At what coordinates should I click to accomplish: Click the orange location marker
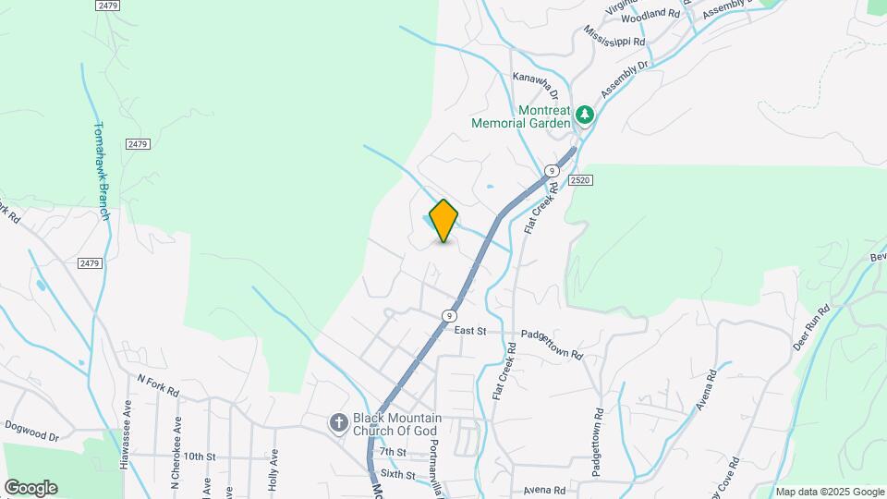point(443,221)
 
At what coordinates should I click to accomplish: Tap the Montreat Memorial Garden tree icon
point(584,115)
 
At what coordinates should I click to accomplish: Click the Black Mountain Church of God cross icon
point(339,422)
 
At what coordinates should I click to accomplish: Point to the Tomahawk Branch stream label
point(103,172)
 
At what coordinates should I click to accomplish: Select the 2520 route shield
point(580,179)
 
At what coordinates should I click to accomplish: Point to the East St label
point(470,330)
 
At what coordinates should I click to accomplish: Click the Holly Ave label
point(274,468)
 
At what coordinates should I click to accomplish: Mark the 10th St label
point(199,456)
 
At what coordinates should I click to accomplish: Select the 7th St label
point(393,452)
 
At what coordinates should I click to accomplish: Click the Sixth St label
point(397,474)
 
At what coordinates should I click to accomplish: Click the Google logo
point(30,488)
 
